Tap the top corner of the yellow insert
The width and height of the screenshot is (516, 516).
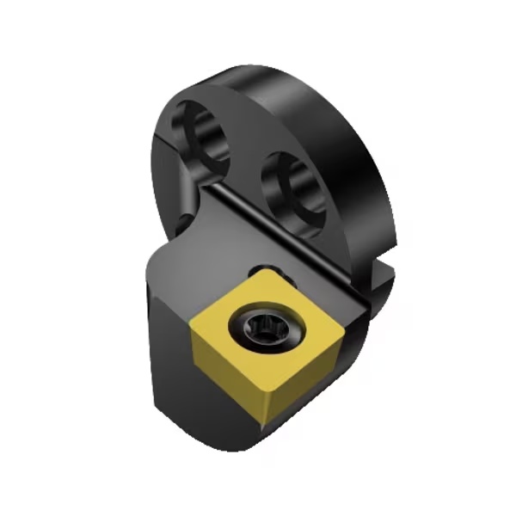click(255, 272)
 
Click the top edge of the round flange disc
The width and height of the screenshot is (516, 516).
click(284, 73)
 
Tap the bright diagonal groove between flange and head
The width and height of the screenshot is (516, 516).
click(284, 224)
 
